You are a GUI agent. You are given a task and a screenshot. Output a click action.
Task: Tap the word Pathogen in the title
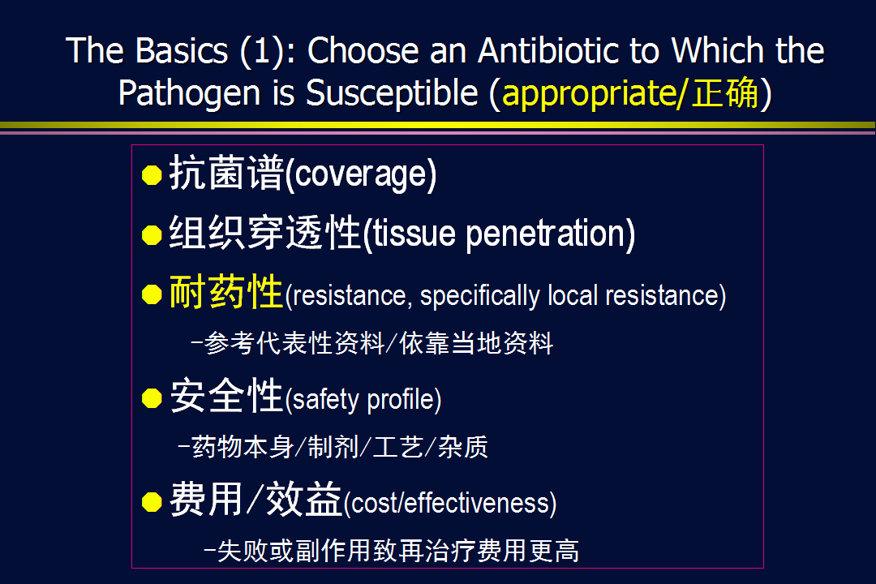[x=189, y=92]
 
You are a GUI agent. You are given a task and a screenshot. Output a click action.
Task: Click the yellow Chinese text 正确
[x=725, y=92]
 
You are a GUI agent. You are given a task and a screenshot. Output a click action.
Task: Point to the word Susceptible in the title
[x=393, y=92]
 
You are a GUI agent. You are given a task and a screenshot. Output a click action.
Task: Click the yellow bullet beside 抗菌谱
[x=152, y=175]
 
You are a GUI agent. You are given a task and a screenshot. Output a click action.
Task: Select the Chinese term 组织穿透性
[x=264, y=233]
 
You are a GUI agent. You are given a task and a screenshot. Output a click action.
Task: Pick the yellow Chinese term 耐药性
[x=226, y=291]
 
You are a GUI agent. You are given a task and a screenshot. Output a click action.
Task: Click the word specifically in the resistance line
[x=480, y=295]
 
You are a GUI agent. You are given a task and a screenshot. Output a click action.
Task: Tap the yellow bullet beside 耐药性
[x=152, y=294]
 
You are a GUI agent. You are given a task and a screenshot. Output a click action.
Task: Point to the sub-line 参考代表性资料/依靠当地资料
[x=372, y=343]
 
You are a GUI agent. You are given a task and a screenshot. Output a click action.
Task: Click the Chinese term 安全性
[x=226, y=395]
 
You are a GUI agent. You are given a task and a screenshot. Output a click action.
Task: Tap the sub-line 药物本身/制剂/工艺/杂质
[x=333, y=447]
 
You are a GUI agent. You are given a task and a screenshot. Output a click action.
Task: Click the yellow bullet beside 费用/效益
[x=152, y=502]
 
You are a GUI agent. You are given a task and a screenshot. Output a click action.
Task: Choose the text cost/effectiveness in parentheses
[x=450, y=504]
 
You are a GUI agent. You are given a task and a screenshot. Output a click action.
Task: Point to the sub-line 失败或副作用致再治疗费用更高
[x=392, y=551]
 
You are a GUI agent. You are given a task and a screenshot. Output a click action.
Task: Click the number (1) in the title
[x=262, y=51]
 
